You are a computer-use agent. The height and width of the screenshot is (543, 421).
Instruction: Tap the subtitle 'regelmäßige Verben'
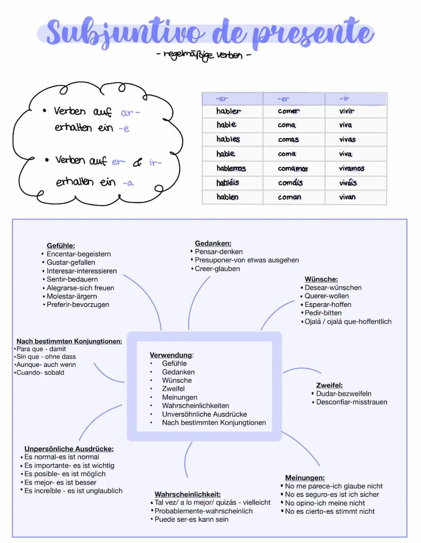click(203, 54)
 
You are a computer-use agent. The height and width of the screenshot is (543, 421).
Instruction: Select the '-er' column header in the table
click(283, 99)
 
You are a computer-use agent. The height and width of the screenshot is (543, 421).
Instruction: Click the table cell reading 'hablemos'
click(231, 168)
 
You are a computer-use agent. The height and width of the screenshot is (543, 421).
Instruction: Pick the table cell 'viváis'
click(348, 182)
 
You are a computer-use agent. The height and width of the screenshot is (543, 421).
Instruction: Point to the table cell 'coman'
click(289, 197)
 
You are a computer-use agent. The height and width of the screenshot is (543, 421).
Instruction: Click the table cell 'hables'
click(228, 139)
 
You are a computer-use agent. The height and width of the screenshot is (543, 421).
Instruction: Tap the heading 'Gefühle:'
click(61, 245)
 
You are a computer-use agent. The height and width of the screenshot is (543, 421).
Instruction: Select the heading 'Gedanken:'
click(213, 243)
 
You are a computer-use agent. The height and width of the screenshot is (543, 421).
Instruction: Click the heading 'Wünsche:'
click(321, 279)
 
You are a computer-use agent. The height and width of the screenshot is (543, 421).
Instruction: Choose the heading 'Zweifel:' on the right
click(329, 385)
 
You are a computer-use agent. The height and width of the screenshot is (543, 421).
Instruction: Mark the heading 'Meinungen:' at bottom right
click(305, 477)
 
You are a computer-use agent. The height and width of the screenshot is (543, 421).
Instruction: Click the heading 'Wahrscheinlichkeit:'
click(187, 494)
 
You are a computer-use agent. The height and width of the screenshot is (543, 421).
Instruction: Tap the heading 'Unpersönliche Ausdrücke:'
click(69, 449)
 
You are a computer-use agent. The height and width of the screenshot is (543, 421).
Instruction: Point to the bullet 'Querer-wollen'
click(327, 296)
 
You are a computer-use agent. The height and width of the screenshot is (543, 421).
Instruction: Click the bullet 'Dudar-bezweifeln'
click(344, 394)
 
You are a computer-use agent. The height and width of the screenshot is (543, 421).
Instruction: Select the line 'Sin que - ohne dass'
click(46, 357)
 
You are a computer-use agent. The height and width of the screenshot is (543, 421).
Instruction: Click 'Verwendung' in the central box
click(171, 355)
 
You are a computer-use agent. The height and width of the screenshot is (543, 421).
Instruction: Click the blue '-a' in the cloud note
click(128, 183)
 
